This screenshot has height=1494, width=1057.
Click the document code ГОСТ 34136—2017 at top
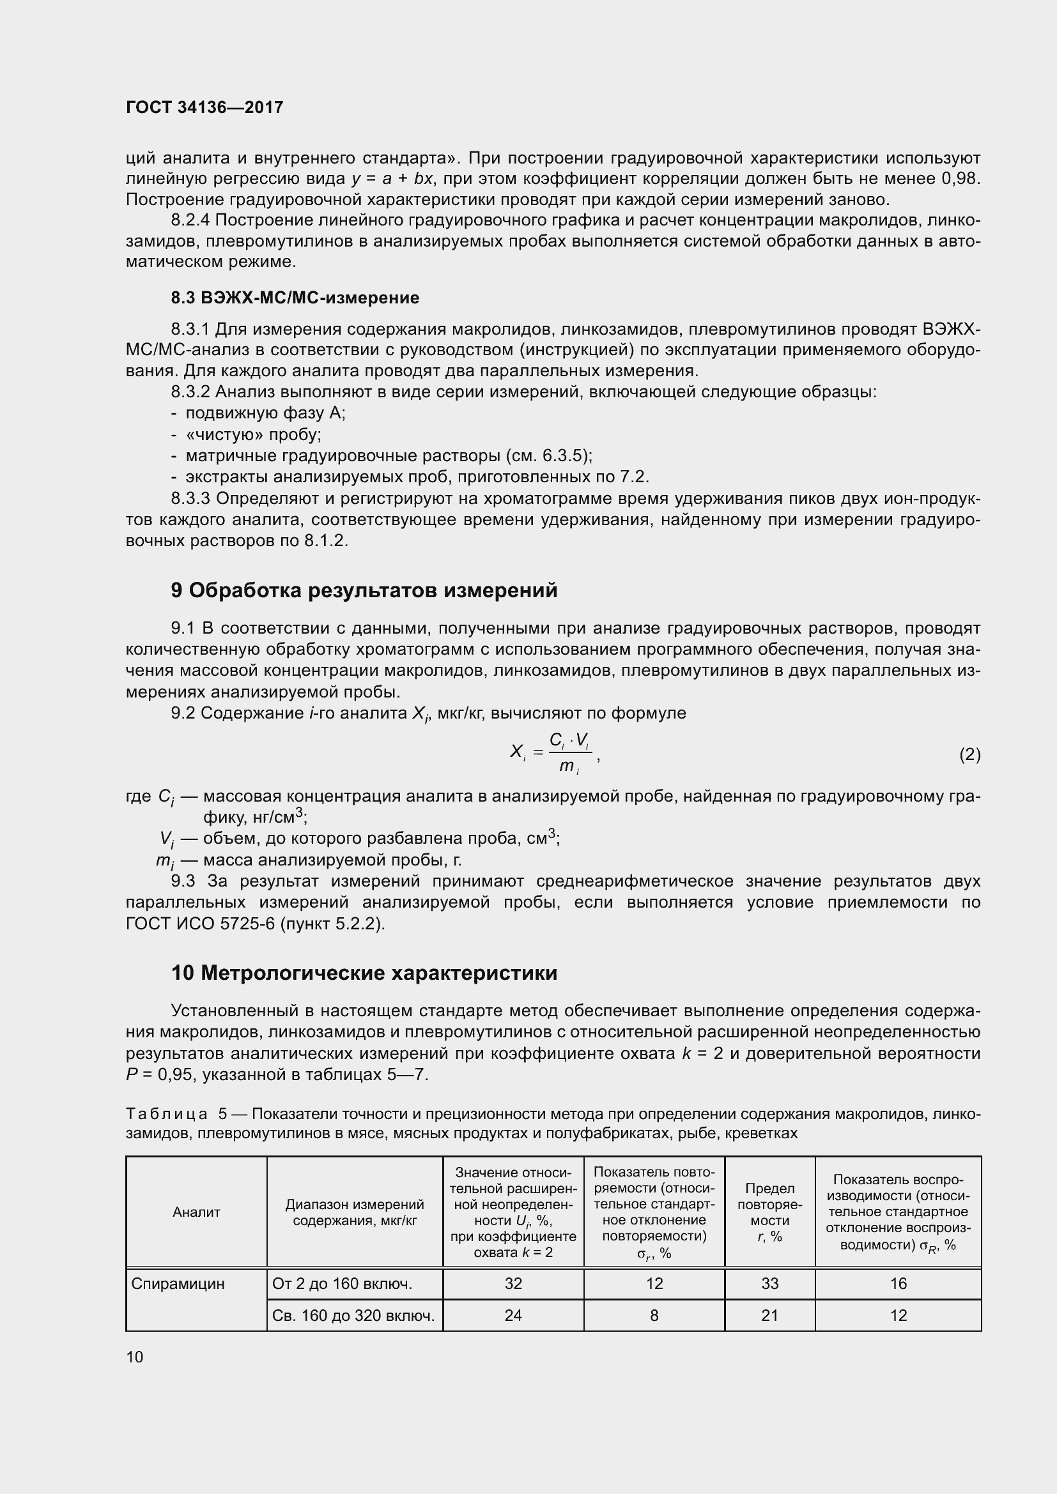[x=204, y=107]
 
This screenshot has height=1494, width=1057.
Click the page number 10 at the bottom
[x=135, y=1357]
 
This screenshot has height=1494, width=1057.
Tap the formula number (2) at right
[x=969, y=754]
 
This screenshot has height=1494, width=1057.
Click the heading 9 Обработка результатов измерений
[x=364, y=590]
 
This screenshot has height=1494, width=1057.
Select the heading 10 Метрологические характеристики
[x=364, y=973]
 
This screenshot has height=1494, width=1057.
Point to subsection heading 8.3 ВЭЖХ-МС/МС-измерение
[x=295, y=298]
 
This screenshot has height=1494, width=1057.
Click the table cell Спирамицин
[x=178, y=1283]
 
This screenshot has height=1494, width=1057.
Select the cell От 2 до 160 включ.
[x=342, y=1283]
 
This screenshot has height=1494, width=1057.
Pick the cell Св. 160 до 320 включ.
[x=353, y=1315]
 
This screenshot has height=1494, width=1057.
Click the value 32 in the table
[x=513, y=1283]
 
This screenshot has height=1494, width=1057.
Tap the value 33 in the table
[x=769, y=1283]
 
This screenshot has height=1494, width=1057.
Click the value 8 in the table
[x=654, y=1315]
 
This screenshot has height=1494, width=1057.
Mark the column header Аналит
[x=196, y=1212]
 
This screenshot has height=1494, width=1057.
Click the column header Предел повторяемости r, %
[x=769, y=1212]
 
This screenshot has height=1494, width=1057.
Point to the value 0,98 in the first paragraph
[x=960, y=178]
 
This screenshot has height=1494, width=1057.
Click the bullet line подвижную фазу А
[x=265, y=413]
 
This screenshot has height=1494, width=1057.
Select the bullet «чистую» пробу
[x=253, y=434]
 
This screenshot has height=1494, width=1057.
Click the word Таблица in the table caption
[x=167, y=1114]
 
